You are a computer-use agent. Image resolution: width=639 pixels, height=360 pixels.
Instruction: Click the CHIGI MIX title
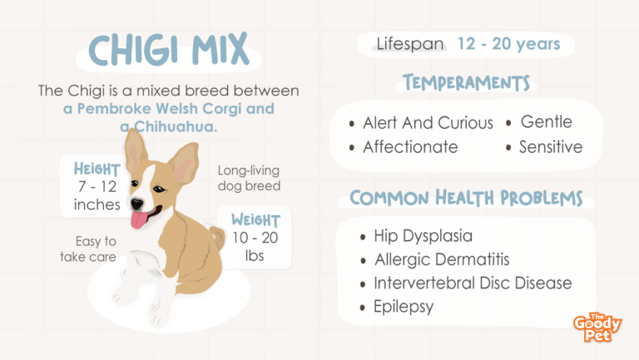tap(169, 49)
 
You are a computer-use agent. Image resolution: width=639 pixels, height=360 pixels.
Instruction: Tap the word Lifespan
tap(410, 44)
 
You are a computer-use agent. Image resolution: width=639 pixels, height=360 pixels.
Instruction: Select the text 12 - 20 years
tap(509, 43)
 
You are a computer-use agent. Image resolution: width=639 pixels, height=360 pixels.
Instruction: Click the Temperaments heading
tap(466, 82)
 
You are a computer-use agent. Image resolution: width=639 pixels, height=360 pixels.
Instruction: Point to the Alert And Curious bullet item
tap(428, 122)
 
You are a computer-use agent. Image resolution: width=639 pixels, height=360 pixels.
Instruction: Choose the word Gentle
tap(547, 121)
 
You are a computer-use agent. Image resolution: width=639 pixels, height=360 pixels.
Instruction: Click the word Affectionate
tap(410, 147)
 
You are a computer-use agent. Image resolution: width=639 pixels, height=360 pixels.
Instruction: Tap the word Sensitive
tap(551, 147)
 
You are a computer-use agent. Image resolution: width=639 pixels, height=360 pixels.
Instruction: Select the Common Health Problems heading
tap(466, 198)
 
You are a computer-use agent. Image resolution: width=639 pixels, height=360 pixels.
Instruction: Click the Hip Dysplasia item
tap(423, 236)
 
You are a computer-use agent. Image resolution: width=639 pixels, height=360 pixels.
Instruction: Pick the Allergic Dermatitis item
tap(442, 259)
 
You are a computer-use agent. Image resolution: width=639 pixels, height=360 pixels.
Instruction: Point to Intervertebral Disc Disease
tap(473, 283)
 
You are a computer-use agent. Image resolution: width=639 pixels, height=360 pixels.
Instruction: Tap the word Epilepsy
tap(404, 307)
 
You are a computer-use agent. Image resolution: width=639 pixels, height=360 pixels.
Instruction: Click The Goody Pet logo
tap(597, 327)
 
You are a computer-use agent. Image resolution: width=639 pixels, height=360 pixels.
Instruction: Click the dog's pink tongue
tap(139, 220)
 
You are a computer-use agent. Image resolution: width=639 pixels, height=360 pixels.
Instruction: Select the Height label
tap(97, 169)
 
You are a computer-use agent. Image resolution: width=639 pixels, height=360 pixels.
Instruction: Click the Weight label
tap(255, 220)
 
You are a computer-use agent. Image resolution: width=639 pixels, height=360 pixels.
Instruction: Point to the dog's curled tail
tap(217, 237)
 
